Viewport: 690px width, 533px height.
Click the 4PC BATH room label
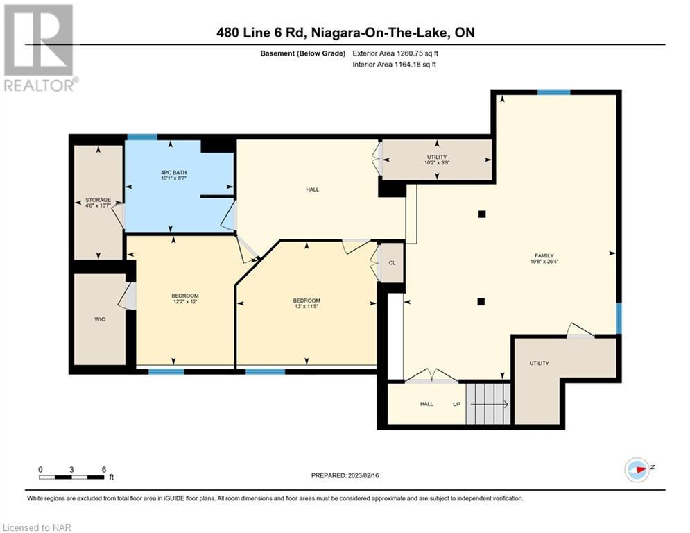pos(171,172)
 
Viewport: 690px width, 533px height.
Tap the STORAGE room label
pos(98,200)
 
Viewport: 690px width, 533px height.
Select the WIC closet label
pos(100,319)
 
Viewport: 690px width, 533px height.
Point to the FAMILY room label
pos(544,255)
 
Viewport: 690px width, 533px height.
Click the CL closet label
pos(392,263)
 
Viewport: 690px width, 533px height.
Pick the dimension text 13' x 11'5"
pos(307,307)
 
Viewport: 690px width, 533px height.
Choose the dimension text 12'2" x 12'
pos(185,302)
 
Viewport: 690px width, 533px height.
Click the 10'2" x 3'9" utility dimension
pos(437,162)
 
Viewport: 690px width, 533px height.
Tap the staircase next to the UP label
pos(488,403)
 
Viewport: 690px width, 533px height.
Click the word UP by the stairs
pos(457,404)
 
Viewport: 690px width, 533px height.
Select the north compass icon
pos(637,470)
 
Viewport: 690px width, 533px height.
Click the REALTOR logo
pos(40,48)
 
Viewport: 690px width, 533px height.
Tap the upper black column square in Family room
pos(482,214)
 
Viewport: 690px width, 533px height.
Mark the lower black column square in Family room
pos(481,302)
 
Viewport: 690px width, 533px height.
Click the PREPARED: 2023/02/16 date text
pos(345,475)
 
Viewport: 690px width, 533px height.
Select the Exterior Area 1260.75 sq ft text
pos(395,53)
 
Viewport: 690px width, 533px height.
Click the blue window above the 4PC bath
pos(142,137)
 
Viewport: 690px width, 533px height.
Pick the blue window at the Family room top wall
pos(553,92)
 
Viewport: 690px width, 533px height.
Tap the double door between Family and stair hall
pos(432,375)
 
